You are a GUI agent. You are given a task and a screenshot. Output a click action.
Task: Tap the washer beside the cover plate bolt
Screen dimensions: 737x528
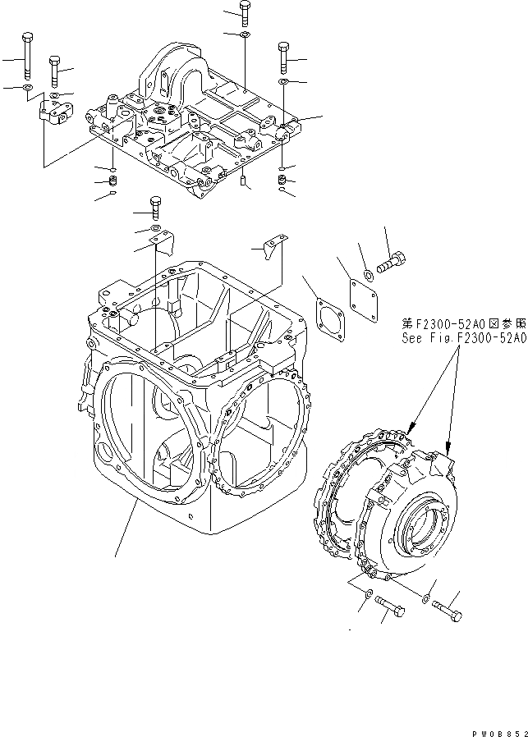pyautogui.click(x=370, y=275)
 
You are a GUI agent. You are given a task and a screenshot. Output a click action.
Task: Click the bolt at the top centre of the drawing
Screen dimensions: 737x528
pyautogui.click(x=246, y=12)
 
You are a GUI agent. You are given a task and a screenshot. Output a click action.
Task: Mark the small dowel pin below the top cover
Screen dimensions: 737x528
pyautogui.click(x=244, y=181)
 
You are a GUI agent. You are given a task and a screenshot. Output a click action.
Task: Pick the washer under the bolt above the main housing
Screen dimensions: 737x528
pyautogui.click(x=155, y=227)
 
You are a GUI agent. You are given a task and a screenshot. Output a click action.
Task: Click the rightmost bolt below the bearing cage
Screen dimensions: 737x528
pyautogui.click(x=447, y=611)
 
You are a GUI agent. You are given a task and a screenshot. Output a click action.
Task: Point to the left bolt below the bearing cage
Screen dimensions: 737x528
pyautogui.click(x=393, y=608)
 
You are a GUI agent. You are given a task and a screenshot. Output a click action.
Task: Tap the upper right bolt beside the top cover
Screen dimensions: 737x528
pyautogui.click(x=282, y=55)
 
